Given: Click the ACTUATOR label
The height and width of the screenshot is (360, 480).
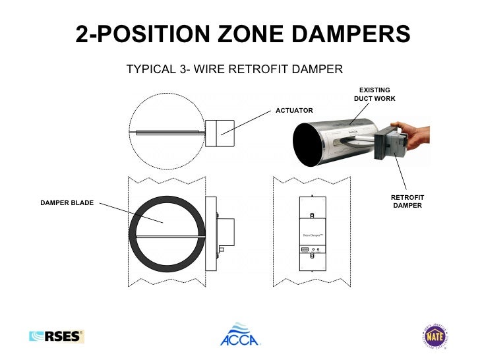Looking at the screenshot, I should [294, 111].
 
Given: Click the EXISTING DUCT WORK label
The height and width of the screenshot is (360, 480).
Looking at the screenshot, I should [374, 94].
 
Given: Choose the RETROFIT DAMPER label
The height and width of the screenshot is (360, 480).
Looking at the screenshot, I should [407, 202].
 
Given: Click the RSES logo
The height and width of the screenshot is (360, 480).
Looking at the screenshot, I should [57, 336].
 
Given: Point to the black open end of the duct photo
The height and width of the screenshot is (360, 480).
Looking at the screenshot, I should [307, 146].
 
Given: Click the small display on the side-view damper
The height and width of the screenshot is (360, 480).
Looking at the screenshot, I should [305, 249].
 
